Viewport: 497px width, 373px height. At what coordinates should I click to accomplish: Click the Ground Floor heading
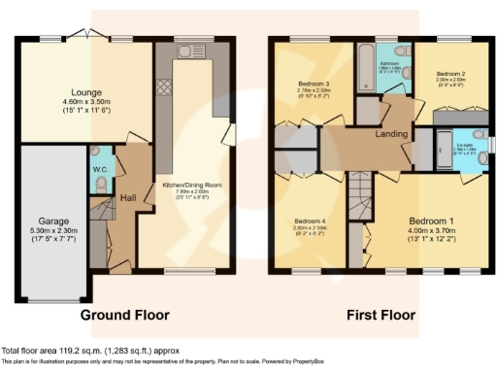(x=124, y=315)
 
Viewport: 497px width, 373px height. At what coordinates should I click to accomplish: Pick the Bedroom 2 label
(x=449, y=74)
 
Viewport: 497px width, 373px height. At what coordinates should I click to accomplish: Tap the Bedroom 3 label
(x=315, y=84)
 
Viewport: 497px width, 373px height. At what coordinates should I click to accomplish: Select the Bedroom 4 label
(x=310, y=221)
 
